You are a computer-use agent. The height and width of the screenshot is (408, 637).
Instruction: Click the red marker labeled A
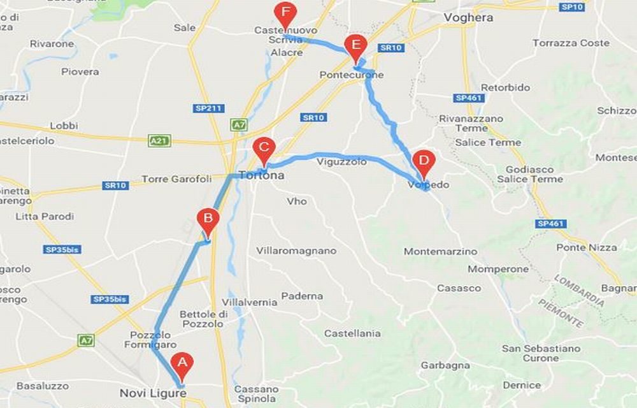(x=183, y=364)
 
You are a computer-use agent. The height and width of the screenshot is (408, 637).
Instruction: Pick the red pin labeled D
(x=423, y=161)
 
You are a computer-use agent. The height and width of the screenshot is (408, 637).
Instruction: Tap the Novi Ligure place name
(x=153, y=393)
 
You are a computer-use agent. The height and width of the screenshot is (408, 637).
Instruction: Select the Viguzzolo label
(x=341, y=162)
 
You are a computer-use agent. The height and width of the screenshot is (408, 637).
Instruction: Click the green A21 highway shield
(x=159, y=140)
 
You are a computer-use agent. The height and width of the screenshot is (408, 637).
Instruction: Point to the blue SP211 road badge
(x=209, y=108)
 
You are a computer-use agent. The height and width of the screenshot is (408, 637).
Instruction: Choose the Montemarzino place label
(x=440, y=251)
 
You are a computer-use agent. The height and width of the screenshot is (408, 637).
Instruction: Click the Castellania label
(x=352, y=333)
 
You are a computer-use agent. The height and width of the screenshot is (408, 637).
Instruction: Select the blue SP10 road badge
(x=573, y=6)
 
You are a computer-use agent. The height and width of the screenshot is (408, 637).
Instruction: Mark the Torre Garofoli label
(x=176, y=179)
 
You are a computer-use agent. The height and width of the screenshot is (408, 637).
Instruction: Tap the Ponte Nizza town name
(x=586, y=247)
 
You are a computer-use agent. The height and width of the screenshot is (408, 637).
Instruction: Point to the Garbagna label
(x=445, y=365)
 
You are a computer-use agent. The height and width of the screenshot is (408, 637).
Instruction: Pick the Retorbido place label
(x=505, y=87)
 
